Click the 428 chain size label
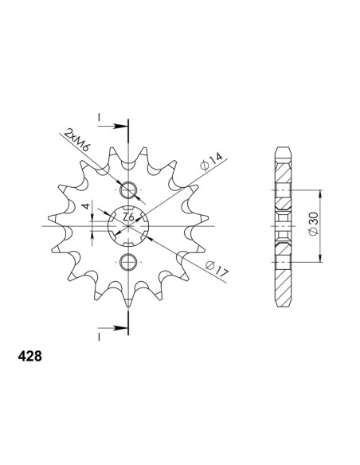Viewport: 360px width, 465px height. coord(30,356)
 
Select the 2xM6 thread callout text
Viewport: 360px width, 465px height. coord(77,139)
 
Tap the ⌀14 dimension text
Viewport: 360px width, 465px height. coord(211,162)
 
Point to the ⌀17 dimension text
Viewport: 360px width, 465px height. coord(217,268)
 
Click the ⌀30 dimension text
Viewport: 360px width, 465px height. coord(313,224)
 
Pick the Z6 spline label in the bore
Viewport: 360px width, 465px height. coord(128,217)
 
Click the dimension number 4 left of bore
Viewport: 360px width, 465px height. coord(86,205)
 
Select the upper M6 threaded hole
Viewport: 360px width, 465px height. coord(128,190)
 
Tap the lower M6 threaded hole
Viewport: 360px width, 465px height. coord(128,262)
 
